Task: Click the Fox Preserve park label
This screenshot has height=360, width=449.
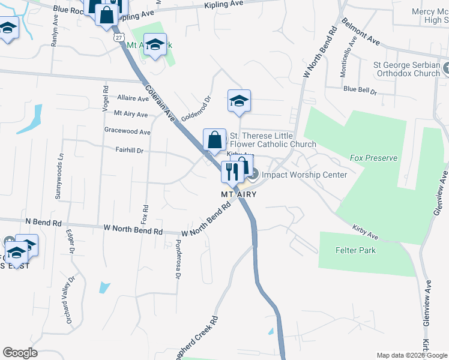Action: [x=373, y=158]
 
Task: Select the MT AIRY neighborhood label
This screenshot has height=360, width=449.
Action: [x=235, y=195]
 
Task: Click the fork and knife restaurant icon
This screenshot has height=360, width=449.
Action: [x=231, y=172]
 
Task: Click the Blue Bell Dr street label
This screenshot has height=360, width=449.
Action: [x=360, y=92]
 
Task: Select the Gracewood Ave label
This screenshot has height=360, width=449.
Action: [x=127, y=131]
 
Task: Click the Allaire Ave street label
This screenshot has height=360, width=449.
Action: [x=133, y=98]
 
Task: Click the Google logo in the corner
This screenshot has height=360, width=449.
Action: [x=20, y=353]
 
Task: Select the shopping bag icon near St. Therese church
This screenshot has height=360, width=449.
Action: [x=214, y=140]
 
